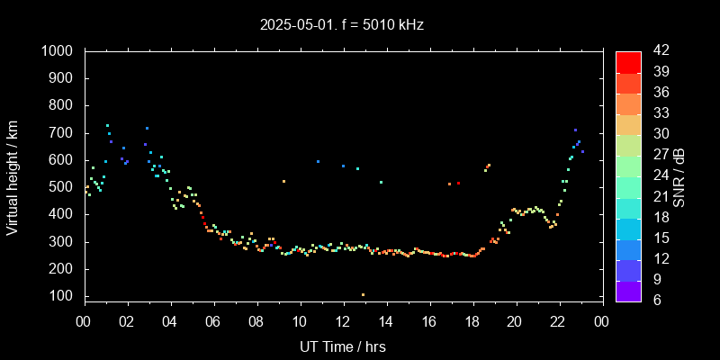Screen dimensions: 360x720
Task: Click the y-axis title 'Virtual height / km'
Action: coord(13,177)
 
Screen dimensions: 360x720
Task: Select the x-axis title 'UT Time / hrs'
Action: coord(343,346)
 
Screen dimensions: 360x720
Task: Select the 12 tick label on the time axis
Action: coord(343,321)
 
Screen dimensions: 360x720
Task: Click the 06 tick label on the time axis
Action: coord(213,321)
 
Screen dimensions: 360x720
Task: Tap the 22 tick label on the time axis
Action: coord(558,321)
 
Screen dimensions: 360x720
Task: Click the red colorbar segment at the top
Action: coord(628,61)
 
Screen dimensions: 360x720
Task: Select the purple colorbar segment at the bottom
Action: coord(628,291)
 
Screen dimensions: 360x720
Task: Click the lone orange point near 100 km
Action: coord(363,294)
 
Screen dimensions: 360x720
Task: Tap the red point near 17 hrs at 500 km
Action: coord(458,184)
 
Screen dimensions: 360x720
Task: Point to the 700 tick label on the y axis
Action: coord(63,133)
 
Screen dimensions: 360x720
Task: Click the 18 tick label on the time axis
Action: coord(472,321)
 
